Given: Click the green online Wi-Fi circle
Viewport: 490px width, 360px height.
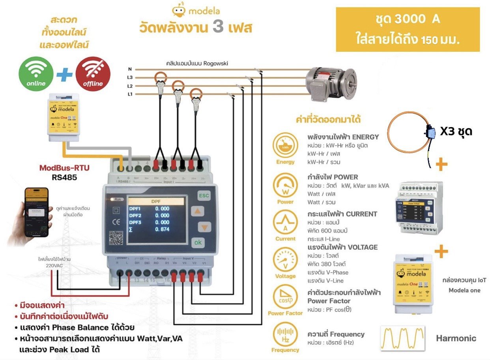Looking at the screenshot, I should (36, 74).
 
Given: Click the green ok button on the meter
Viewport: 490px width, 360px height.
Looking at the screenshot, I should (198, 242).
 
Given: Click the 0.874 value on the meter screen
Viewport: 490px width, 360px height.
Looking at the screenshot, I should (162, 229).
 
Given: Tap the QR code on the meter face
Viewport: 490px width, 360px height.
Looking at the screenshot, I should (116, 238).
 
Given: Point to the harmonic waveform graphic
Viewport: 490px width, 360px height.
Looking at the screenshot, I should (403, 338).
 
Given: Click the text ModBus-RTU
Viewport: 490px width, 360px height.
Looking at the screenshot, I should (64, 168).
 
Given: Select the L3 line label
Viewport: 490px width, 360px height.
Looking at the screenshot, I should (130, 78).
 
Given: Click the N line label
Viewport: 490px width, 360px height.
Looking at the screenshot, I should (130, 69).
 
